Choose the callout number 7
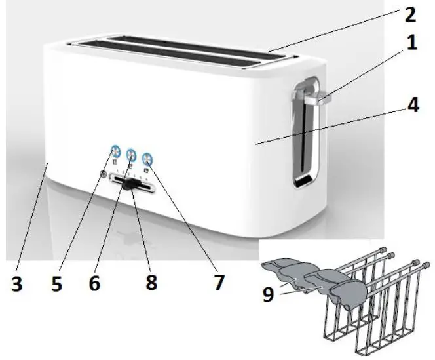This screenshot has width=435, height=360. point(218,283)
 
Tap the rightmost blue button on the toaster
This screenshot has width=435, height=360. point(147,157)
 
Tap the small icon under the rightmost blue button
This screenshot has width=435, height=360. point(145,169)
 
